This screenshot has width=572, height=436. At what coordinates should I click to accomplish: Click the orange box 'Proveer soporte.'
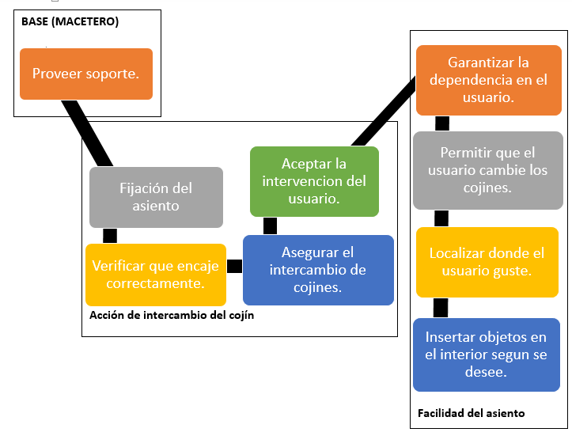click(86, 74)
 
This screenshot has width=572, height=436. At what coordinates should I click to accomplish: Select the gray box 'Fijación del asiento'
click(156, 197)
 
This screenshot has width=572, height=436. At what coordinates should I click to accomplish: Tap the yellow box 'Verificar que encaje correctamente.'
click(156, 275)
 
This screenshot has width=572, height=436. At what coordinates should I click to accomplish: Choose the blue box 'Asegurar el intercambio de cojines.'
click(318, 270)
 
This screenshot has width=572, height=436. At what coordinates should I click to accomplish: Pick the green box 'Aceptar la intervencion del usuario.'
click(314, 181)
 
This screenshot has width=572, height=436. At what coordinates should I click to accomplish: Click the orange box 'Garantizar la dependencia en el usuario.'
click(488, 80)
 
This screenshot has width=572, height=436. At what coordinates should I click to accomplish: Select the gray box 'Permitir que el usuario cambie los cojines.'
click(487, 170)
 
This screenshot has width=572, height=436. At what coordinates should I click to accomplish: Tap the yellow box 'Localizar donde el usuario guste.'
click(487, 262)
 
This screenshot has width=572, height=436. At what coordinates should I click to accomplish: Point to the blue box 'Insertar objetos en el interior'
click(487, 354)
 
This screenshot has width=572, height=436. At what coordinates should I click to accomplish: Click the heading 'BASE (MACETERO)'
click(70, 21)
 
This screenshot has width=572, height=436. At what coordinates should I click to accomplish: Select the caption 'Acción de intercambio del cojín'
click(172, 315)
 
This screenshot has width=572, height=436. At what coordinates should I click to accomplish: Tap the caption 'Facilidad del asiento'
click(471, 413)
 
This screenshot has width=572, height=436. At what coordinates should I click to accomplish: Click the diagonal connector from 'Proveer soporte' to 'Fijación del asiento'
click(87, 133)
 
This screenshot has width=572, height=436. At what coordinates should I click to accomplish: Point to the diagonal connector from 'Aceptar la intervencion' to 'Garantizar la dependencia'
click(384, 112)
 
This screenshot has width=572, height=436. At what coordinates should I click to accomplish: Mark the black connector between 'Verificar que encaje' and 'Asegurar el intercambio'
click(234, 266)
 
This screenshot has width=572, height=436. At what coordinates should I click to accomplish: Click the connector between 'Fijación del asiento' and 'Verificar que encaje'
click(110, 236)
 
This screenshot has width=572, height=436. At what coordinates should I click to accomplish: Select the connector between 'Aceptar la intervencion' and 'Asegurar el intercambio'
click(270, 226)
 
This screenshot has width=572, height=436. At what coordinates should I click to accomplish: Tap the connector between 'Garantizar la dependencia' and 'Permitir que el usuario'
click(442, 123)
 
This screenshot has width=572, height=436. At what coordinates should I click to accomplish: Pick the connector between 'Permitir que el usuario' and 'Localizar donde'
click(441, 218)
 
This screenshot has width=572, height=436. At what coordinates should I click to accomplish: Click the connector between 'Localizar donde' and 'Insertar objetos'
click(441, 308)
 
